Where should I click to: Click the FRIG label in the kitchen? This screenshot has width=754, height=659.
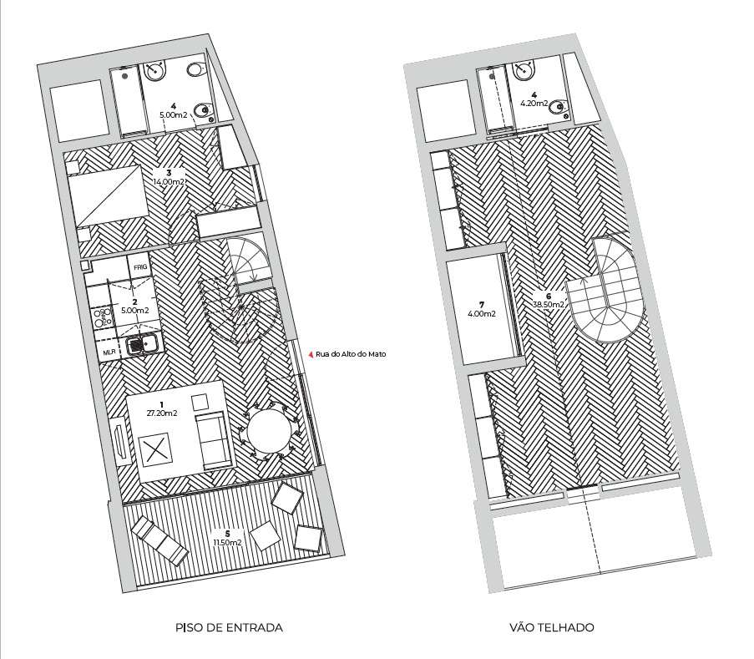140,267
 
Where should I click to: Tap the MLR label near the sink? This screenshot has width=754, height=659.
109,352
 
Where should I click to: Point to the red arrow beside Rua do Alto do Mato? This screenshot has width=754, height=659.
311,354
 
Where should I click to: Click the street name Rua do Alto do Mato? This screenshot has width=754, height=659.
351,354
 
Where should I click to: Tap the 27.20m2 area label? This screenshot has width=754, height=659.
162,413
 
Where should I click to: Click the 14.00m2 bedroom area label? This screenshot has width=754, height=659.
169,181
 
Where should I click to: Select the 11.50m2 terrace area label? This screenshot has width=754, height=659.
227,543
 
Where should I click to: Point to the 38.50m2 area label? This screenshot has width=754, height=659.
549,305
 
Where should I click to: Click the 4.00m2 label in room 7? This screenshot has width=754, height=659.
481,313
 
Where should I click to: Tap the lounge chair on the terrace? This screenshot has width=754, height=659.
159,541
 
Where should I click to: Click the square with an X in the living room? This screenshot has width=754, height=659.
154,449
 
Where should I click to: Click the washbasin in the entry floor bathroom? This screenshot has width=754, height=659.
156,71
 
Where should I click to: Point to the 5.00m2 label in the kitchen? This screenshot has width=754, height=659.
134,310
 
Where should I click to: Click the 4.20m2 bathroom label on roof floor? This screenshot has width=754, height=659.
534,104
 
